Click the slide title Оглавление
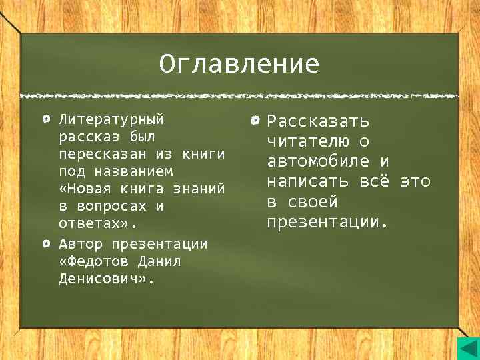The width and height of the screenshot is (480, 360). [x=239, y=65]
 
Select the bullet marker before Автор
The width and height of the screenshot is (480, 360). [x=45, y=243]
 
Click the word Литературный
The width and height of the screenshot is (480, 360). [x=111, y=120]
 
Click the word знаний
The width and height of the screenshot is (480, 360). [x=198, y=189]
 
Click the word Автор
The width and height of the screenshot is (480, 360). [x=80, y=243]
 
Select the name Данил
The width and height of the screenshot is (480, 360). [x=159, y=261]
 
